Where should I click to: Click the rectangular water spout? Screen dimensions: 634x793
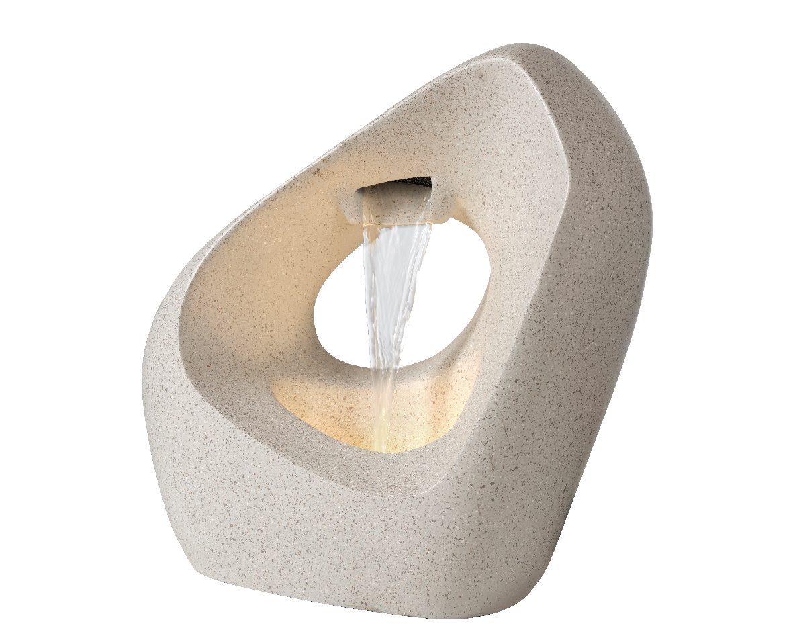[x=396, y=201]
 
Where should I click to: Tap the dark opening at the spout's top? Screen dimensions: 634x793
[x=403, y=183]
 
